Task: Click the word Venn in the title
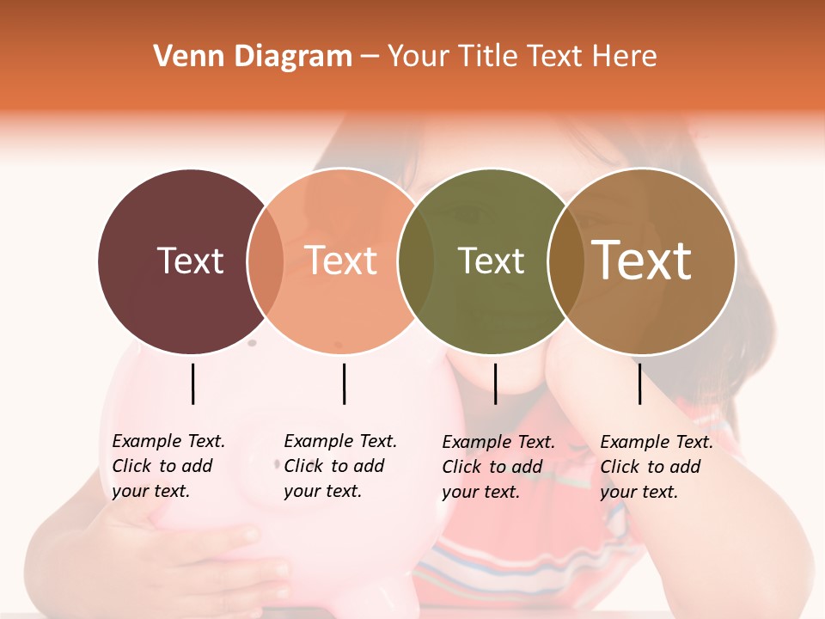pyautogui.click(x=183, y=57)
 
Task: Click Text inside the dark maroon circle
pyautogui.click(x=190, y=260)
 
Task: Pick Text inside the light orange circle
pyautogui.click(x=340, y=260)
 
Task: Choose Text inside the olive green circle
pyautogui.click(x=491, y=260)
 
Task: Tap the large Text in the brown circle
pyautogui.click(x=642, y=260)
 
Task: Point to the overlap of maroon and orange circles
pyautogui.click(x=266, y=261)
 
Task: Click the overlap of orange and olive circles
pyautogui.click(x=416, y=261)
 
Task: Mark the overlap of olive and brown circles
pyautogui.click(x=566, y=261)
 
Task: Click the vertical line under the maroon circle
pyautogui.click(x=193, y=383)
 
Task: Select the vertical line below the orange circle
pyautogui.click(x=344, y=383)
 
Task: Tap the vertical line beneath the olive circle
pyautogui.click(x=495, y=383)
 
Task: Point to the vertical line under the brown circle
pyautogui.click(x=639, y=383)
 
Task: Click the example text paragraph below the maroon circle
pyautogui.click(x=168, y=466)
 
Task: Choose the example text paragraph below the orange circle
pyautogui.click(x=339, y=466)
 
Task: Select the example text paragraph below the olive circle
pyautogui.click(x=498, y=467)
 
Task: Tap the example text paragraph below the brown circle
pyautogui.click(x=656, y=467)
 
